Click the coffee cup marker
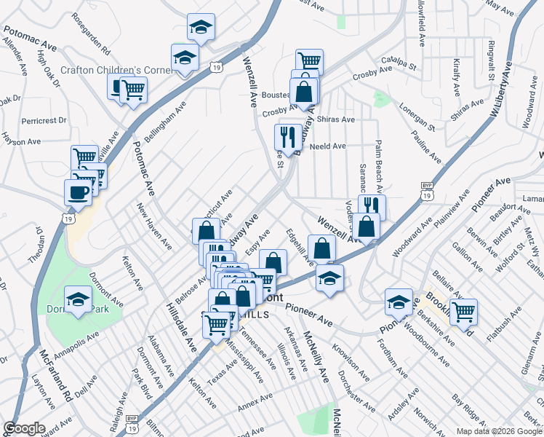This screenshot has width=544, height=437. click(x=78, y=192)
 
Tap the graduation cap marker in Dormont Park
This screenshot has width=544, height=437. click(x=79, y=299)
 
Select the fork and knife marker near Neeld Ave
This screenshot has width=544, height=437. click(x=288, y=136)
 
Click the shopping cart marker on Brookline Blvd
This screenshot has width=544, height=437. click(x=463, y=312)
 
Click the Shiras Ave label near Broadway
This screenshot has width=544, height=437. click(x=338, y=119)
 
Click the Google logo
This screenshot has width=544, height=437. click(x=24, y=428)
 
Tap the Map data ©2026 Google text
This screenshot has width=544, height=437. click(x=498, y=431)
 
